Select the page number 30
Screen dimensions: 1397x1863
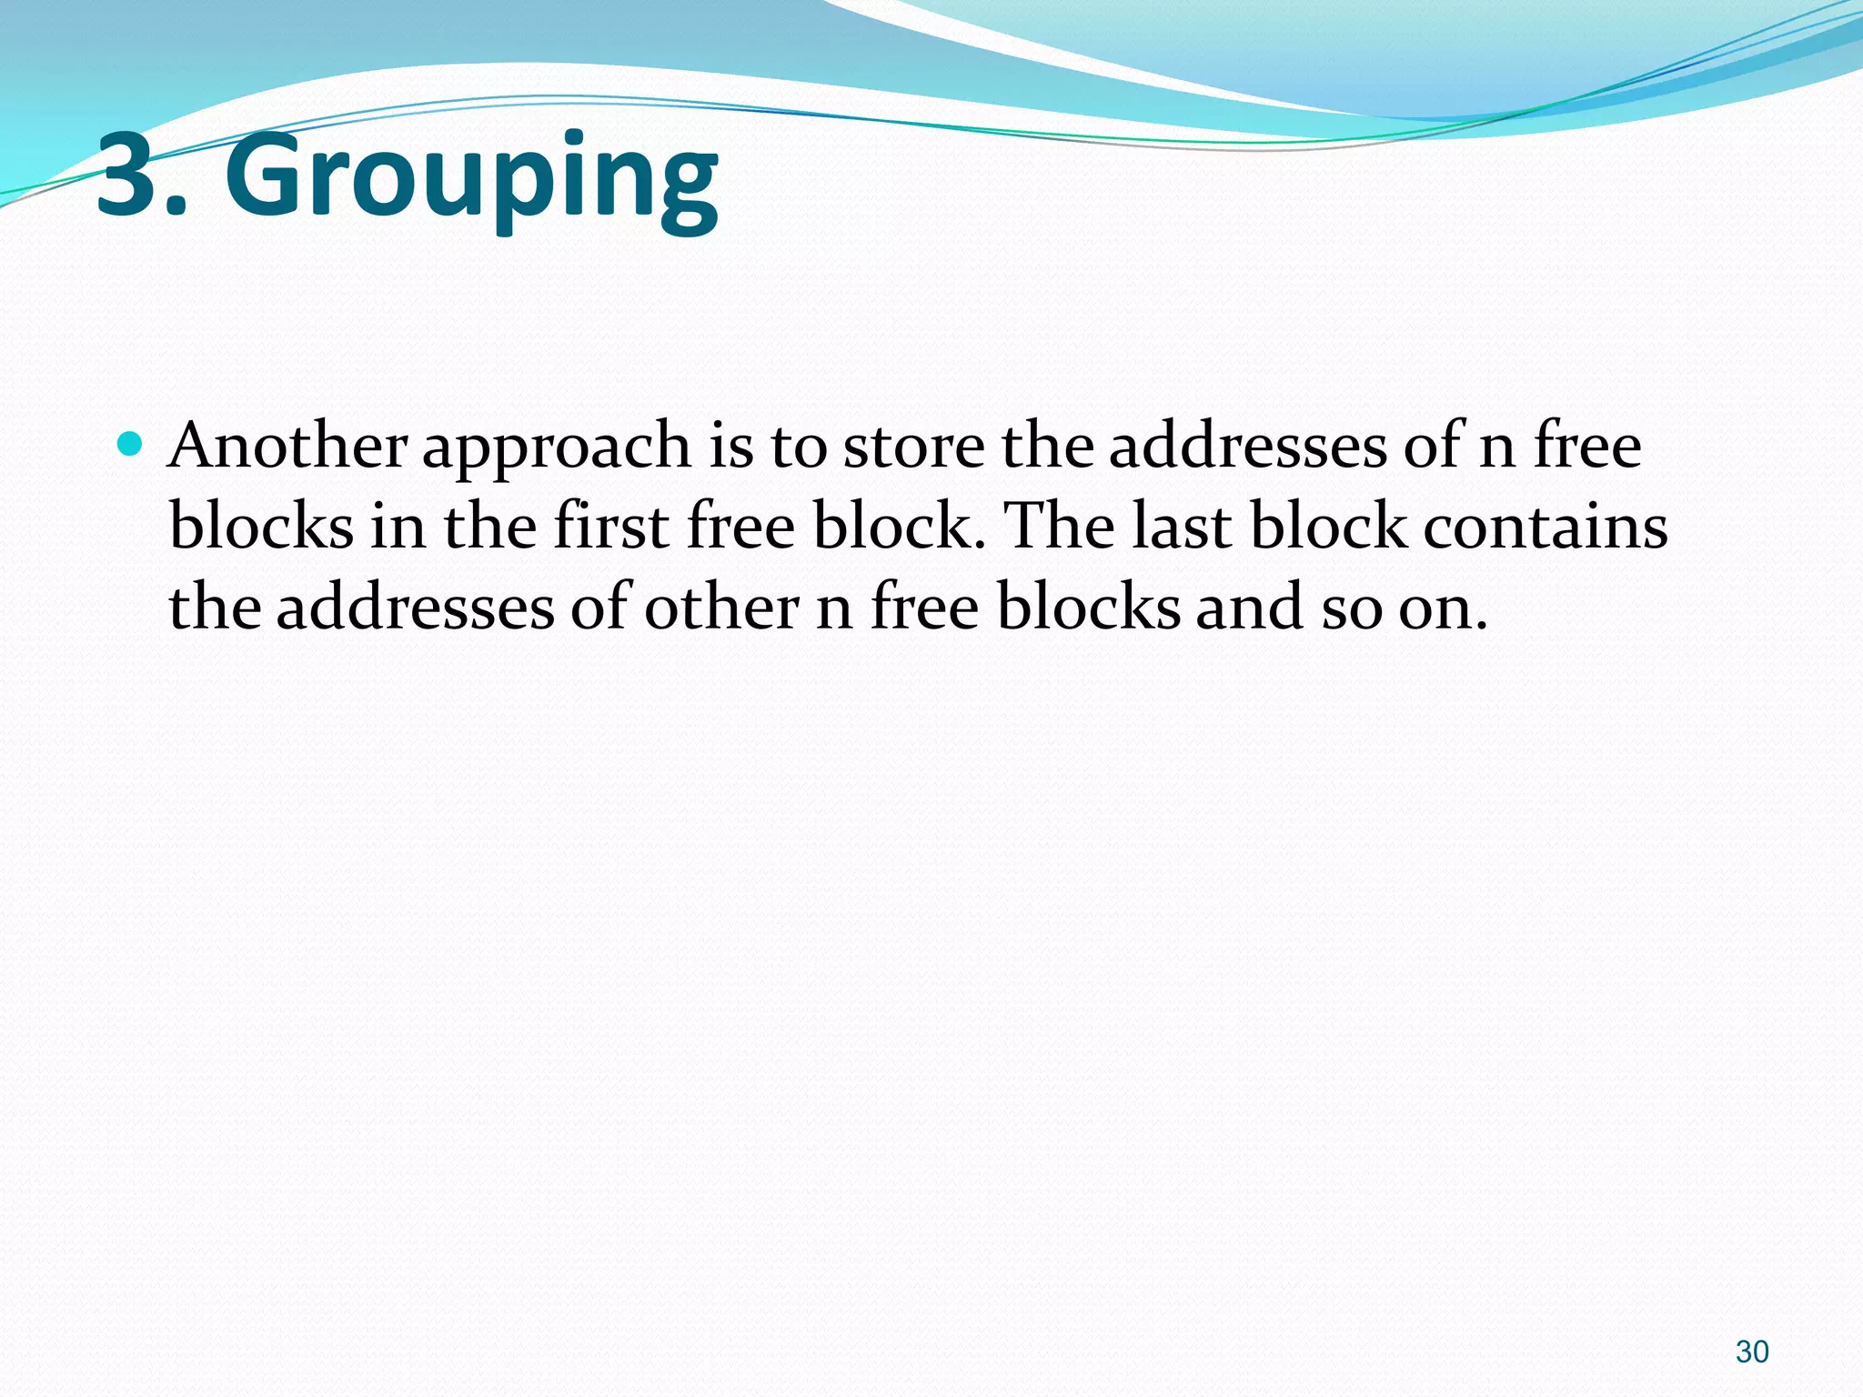tap(1752, 1352)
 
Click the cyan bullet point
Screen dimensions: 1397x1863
tap(131, 445)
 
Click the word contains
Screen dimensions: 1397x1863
tap(1545, 527)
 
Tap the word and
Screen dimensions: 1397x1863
tap(1248, 608)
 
